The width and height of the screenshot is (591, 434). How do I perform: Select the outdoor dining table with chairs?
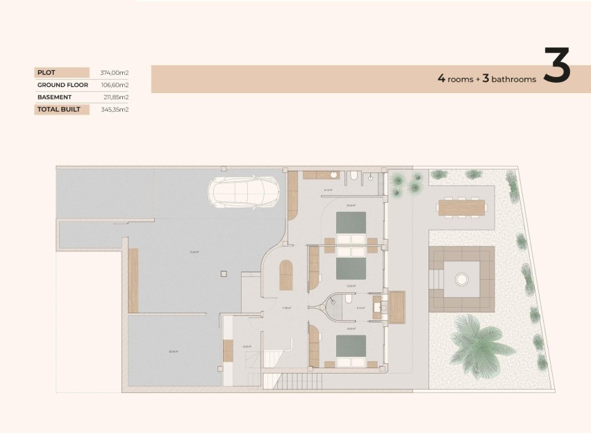coord(462,207)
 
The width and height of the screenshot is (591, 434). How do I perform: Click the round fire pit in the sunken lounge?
coord(461,280)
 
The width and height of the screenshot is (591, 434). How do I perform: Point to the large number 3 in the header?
coord(556,67)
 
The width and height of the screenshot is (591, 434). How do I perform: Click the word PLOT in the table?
coord(47,72)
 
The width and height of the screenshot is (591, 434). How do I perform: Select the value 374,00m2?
coord(115,72)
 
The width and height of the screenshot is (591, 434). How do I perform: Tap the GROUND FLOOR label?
coord(63,85)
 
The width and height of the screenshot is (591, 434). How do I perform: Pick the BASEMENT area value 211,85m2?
coord(115,97)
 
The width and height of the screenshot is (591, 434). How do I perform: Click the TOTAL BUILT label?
coord(59,110)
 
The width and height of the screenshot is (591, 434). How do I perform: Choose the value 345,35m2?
coord(115,110)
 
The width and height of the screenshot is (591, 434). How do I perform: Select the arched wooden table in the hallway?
coord(286,274)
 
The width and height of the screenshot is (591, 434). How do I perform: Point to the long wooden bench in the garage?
coord(133,280)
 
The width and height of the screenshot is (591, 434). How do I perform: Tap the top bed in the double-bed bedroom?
coord(351,224)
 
